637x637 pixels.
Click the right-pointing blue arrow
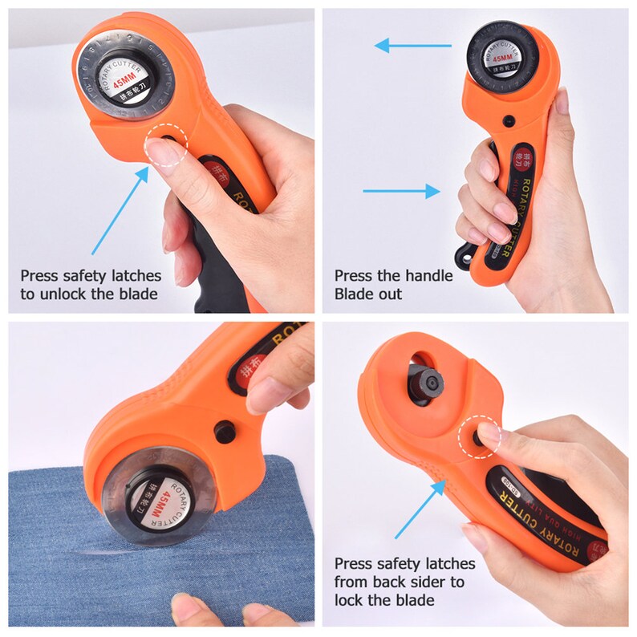(401, 191)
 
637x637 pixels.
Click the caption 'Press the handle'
(393, 276)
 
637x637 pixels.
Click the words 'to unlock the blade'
(88, 294)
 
